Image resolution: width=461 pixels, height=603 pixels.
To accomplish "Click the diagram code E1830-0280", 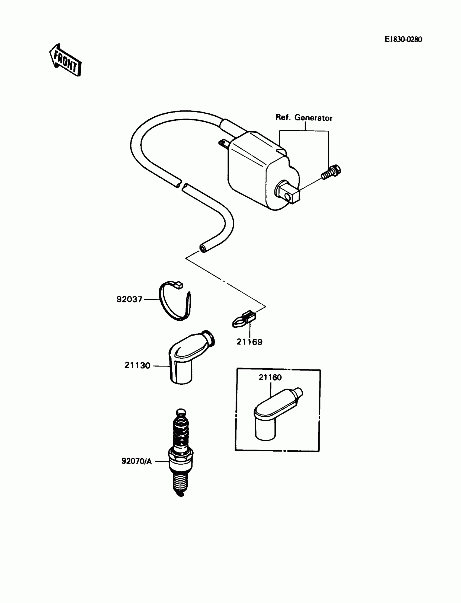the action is pyautogui.click(x=403, y=40).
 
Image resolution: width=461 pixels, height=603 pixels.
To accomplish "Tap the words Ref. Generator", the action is pyautogui.click(x=304, y=118).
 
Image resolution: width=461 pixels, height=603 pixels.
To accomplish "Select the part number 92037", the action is pyautogui.click(x=129, y=299).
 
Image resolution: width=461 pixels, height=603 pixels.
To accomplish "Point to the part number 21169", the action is pyautogui.click(x=249, y=342).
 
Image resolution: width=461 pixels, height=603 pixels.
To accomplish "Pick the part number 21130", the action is pyautogui.click(x=137, y=365).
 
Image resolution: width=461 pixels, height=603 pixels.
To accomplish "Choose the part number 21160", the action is pyautogui.click(x=270, y=377).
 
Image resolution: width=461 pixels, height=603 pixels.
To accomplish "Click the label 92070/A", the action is pyautogui.click(x=136, y=461).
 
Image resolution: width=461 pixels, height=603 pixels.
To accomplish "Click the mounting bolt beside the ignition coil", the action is pyautogui.click(x=332, y=172).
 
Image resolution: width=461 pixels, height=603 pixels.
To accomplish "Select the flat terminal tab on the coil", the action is pyautogui.click(x=224, y=143).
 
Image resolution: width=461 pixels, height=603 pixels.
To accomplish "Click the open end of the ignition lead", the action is pyautogui.click(x=203, y=249).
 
